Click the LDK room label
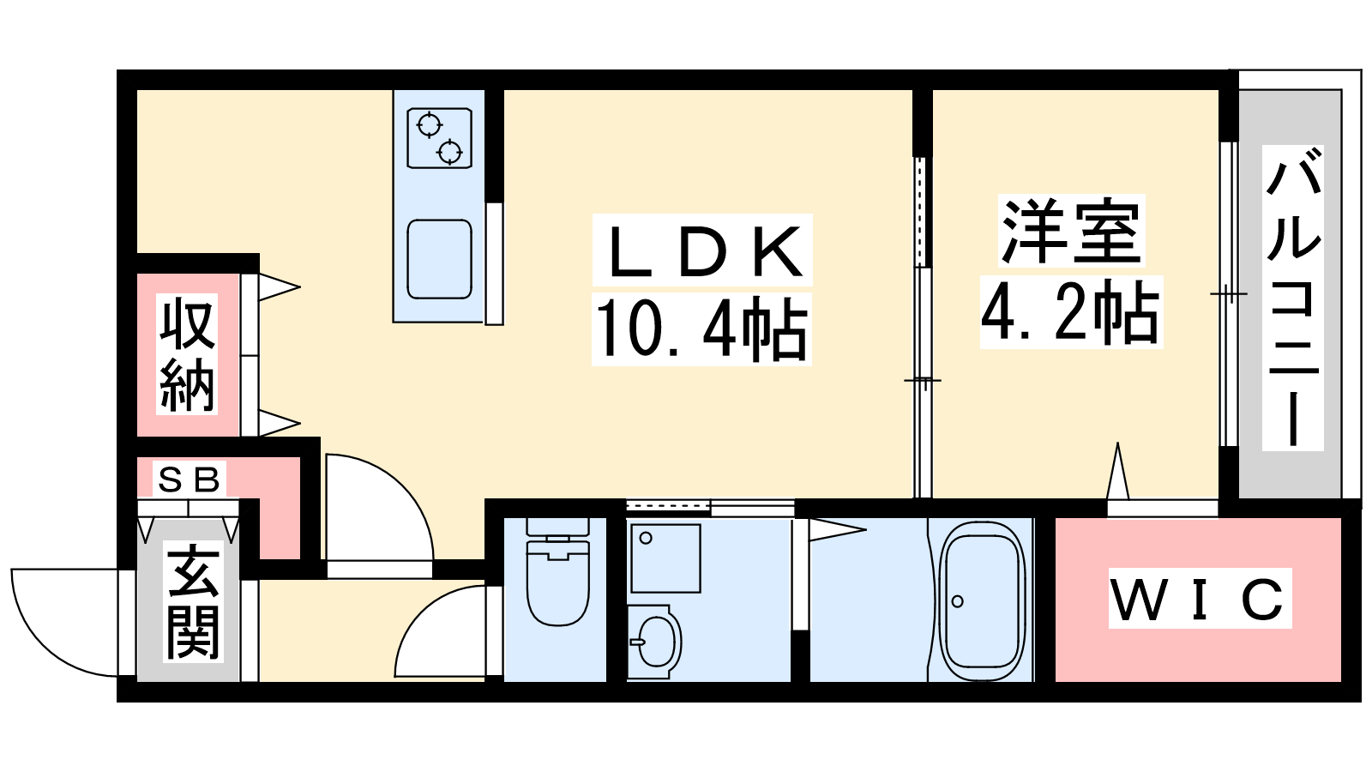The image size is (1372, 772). (702, 250)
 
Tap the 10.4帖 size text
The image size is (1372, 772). (701, 329)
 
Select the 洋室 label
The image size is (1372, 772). (1072, 230)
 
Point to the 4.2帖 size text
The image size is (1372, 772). (1071, 312)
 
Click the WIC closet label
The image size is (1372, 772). (1199, 600)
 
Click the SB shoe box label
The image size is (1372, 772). (189, 479)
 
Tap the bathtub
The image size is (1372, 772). (982, 600)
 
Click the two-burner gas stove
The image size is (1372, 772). (439, 138)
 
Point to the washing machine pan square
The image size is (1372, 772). (665, 558)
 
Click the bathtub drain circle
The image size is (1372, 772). (958, 601)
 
